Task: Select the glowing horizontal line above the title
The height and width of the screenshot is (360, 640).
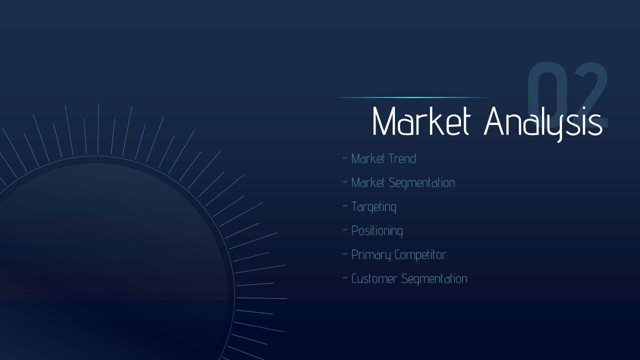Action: click(413, 97)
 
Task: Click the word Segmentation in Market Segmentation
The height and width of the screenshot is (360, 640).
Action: click(421, 183)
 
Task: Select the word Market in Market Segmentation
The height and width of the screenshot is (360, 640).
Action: click(368, 182)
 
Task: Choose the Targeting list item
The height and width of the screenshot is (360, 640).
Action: click(373, 207)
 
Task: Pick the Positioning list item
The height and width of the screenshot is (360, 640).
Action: click(377, 231)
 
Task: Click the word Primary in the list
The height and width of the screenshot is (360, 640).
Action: click(371, 255)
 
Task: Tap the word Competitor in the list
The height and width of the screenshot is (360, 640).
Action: click(420, 255)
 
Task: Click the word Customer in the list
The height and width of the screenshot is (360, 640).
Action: click(374, 278)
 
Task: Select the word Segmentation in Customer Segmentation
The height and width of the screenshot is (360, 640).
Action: click(434, 279)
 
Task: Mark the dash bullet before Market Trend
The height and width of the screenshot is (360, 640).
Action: click(345, 157)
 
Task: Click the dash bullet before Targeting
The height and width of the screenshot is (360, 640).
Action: click(345, 205)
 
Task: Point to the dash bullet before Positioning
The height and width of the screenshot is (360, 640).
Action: click(345, 229)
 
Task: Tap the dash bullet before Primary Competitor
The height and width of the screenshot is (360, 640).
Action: click(345, 253)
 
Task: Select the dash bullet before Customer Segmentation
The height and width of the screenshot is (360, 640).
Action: click(345, 277)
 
